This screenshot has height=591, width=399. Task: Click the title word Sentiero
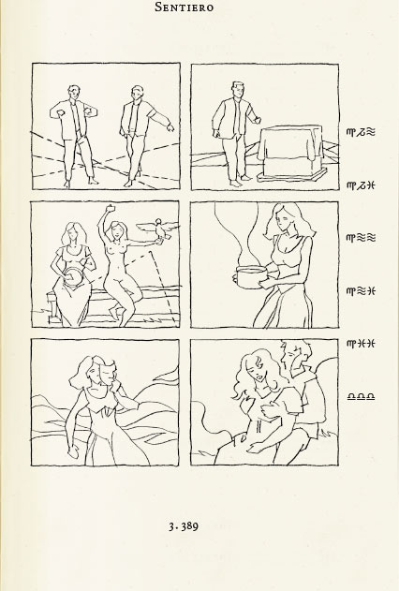point(185,7)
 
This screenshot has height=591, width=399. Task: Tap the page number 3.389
point(184,526)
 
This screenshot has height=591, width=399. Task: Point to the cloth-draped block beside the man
point(291,153)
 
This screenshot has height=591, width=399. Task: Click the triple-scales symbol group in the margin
point(361,396)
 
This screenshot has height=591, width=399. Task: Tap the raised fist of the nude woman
point(111,208)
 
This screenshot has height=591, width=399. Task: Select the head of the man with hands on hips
point(73,93)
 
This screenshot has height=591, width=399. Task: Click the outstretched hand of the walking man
point(170,127)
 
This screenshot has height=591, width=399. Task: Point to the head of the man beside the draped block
point(237,91)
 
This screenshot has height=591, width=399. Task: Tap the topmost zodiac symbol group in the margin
point(361,132)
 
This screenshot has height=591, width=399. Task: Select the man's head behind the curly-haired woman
point(295,355)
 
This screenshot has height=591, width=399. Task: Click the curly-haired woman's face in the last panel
point(258,370)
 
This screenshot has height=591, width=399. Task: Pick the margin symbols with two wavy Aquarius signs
point(361,238)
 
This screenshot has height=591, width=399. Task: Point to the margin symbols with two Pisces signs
point(361,344)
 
